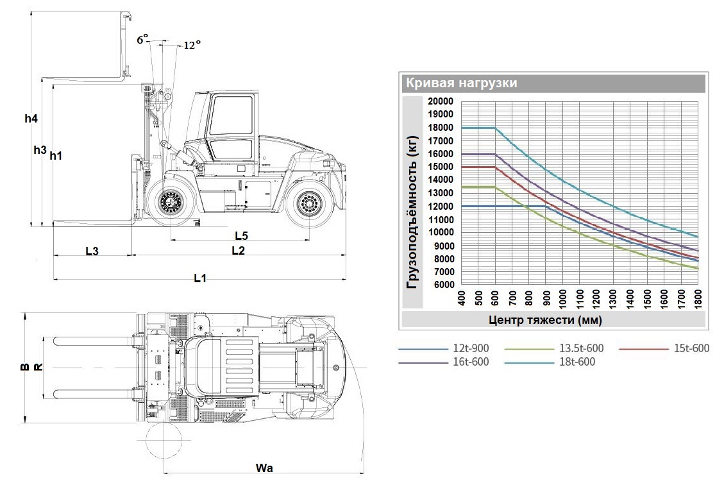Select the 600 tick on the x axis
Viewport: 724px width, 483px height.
click(495, 298)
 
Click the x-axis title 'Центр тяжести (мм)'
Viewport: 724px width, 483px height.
click(545, 319)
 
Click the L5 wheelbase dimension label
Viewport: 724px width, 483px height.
click(242, 235)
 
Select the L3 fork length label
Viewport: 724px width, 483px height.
click(92, 251)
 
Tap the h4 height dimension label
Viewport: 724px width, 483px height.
click(31, 119)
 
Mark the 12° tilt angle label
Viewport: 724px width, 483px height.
click(192, 45)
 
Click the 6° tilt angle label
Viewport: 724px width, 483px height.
click(142, 39)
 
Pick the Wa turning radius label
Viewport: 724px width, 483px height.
click(264, 468)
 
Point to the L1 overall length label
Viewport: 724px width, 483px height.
click(200, 278)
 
